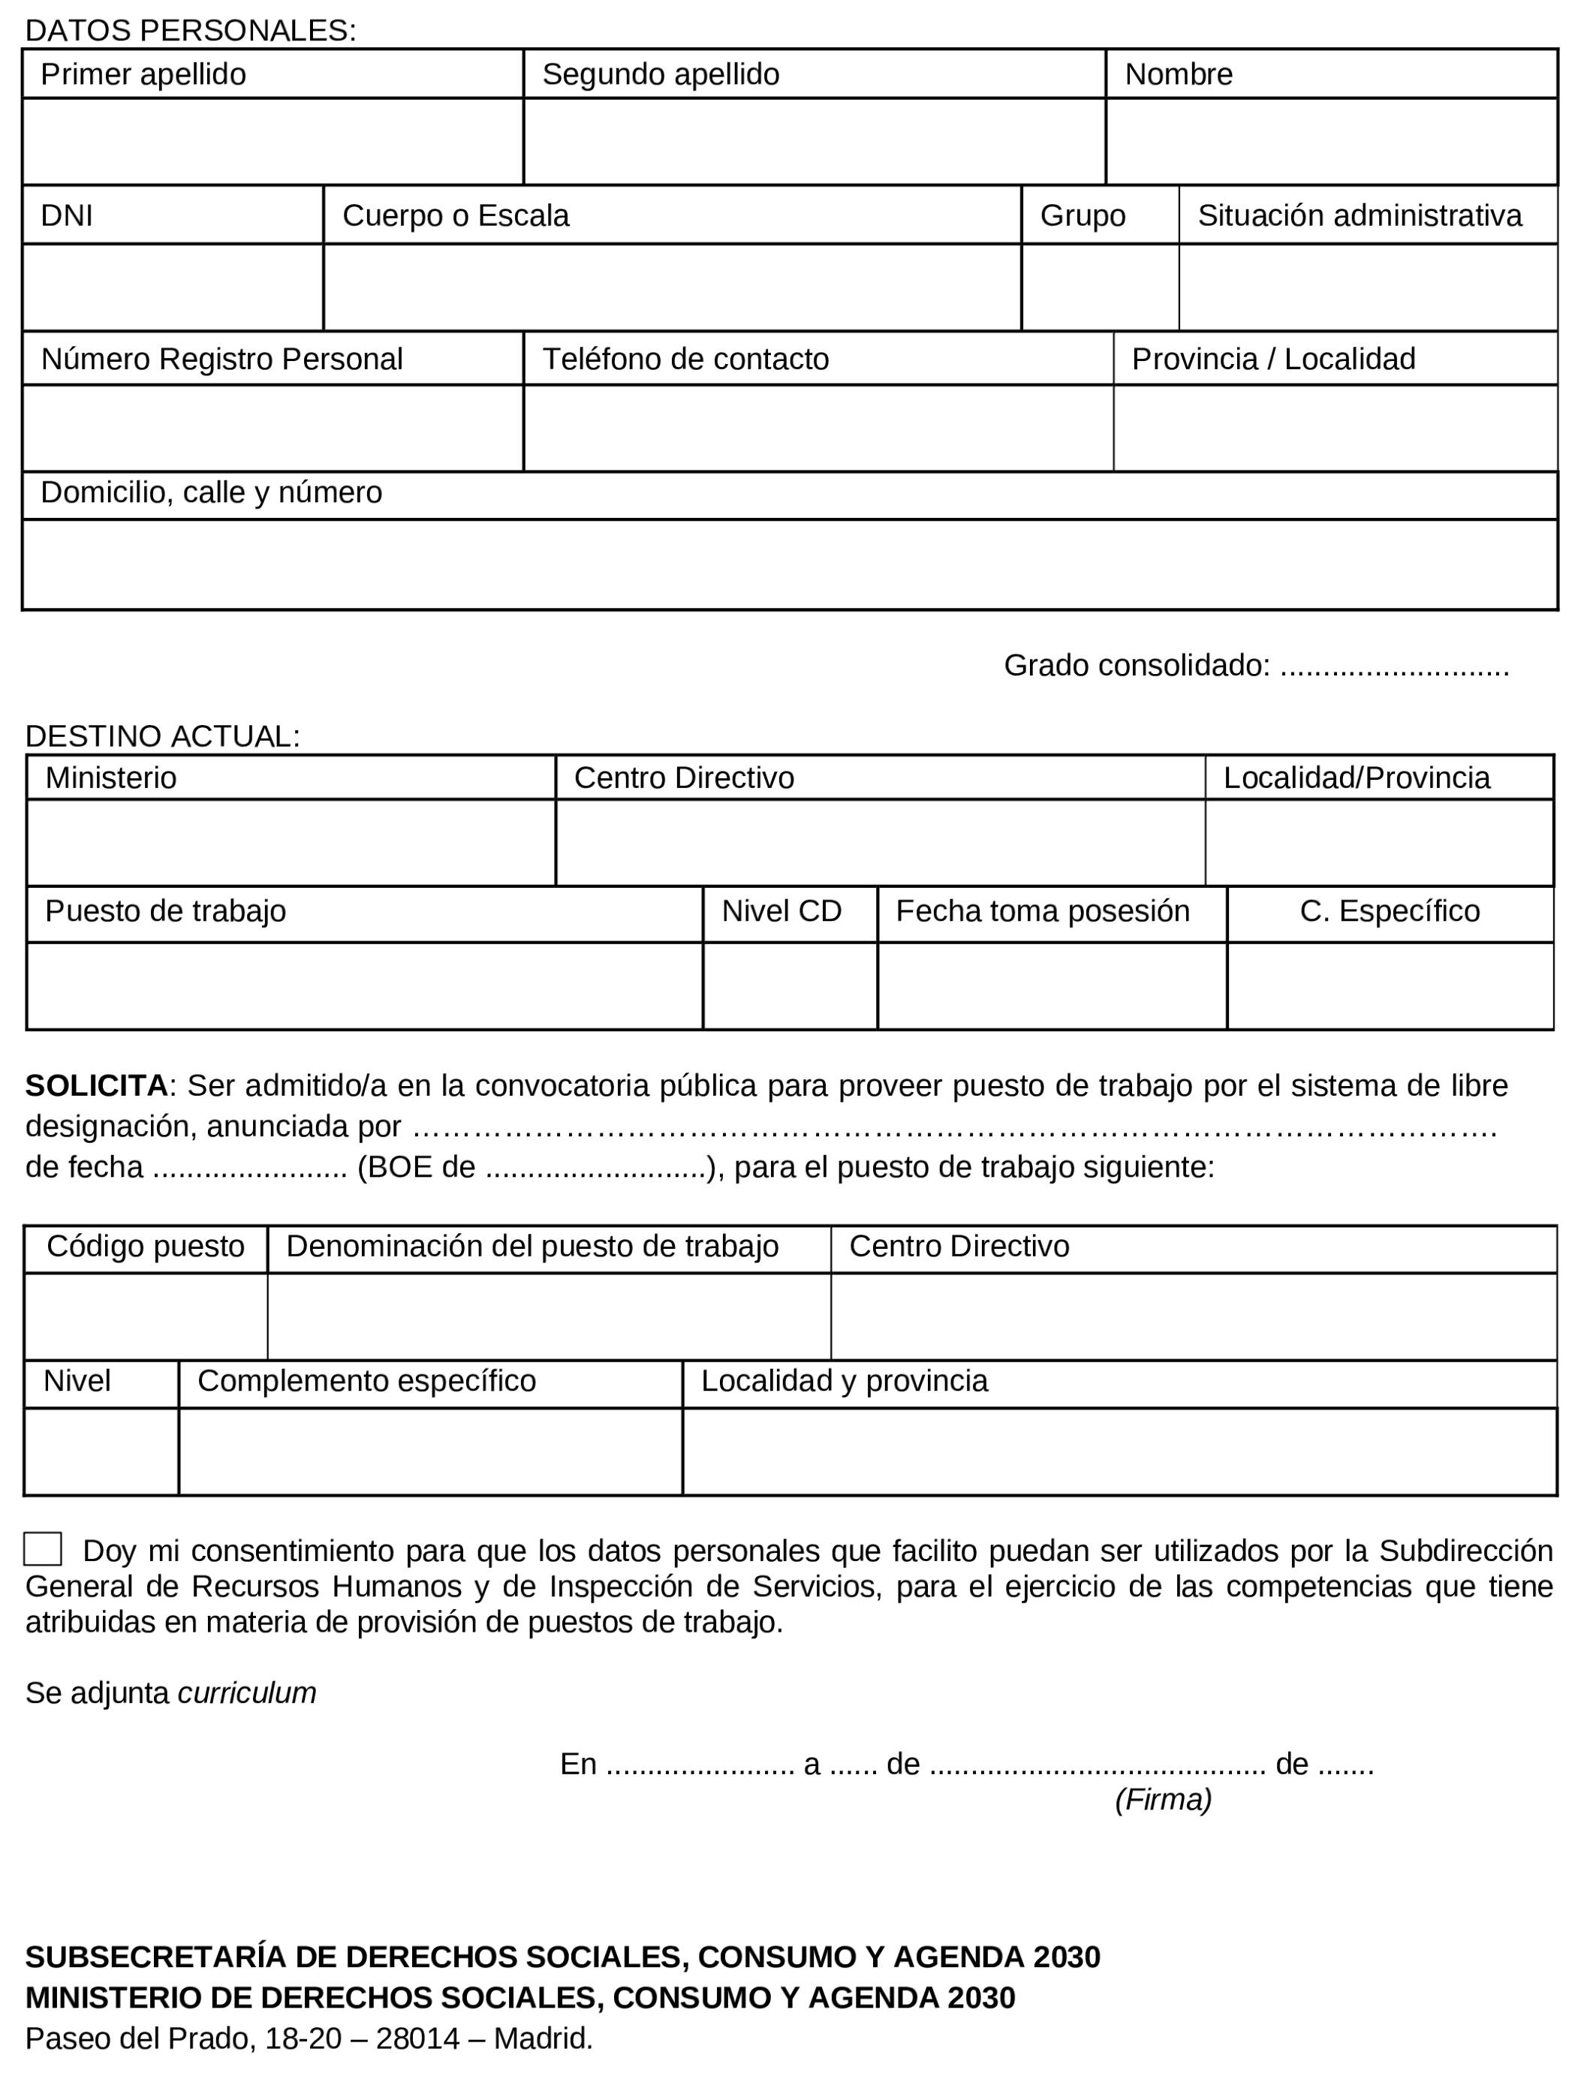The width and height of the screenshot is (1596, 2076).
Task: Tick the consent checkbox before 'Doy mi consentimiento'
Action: (x=43, y=1549)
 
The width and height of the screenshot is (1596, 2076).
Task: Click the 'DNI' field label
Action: (x=67, y=215)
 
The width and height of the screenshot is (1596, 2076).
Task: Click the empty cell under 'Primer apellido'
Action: (x=273, y=142)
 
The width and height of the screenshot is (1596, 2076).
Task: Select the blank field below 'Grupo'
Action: (x=1100, y=287)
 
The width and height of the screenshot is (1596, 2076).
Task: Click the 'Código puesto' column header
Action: (x=146, y=1246)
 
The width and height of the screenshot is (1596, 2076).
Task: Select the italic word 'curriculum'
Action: (x=247, y=1693)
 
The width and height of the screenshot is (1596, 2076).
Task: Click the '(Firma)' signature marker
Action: (x=1163, y=1800)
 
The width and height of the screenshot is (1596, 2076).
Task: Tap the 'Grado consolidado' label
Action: (x=1137, y=666)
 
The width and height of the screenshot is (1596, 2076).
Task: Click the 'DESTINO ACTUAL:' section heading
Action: (x=162, y=736)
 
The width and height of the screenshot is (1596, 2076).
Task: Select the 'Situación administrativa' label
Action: (x=1359, y=215)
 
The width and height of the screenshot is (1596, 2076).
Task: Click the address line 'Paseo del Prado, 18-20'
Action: (x=309, y=2038)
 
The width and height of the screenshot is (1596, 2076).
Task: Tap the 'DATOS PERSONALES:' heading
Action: (x=190, y=30)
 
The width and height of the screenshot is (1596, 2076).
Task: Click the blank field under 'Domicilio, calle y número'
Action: (x=790, y=564)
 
